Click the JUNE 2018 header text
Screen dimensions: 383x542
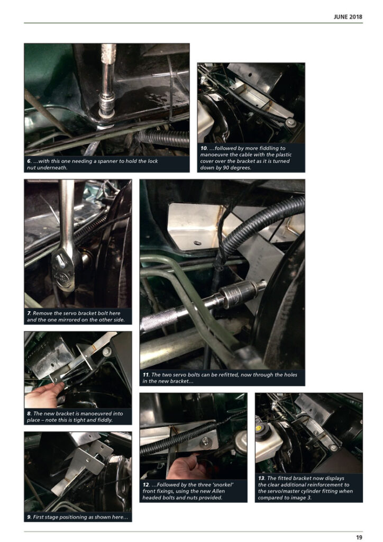coord(348,16)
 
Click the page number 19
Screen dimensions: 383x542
coord(359,537)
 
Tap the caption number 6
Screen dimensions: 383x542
coord(29,161)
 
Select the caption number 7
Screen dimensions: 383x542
coord(29,313)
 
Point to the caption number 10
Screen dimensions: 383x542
coord(204,148)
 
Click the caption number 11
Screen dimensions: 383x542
coord(145,374)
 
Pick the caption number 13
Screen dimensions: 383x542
coord(261,478)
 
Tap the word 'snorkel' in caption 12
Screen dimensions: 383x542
coord(221,485)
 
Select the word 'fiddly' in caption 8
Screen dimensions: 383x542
coord(105,420)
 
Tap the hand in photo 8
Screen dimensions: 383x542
coord(43,396)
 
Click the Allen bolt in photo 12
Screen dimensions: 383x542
coord(206,441)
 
